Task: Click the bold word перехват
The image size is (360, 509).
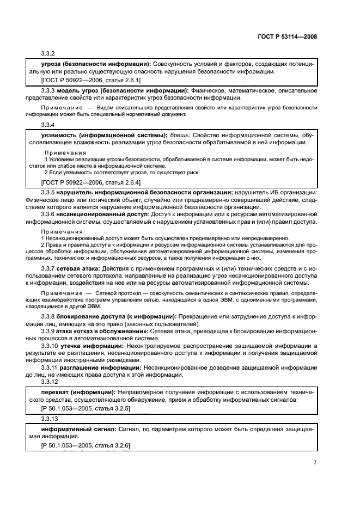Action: (x=57, y=392)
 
